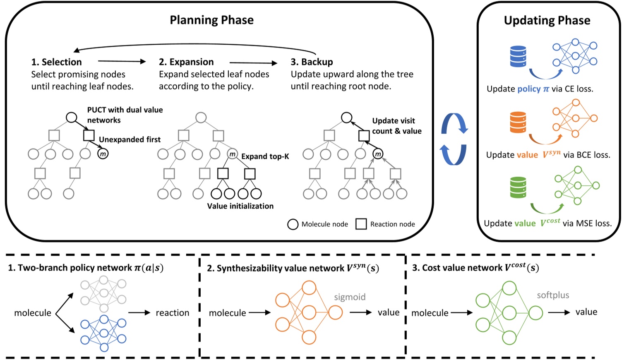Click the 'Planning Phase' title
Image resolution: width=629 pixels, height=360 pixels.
(211, 20)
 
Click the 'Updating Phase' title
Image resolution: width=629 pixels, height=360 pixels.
(547, 20)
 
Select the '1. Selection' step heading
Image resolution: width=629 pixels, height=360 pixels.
(57, 62)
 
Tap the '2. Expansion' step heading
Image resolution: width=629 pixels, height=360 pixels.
(186, 62)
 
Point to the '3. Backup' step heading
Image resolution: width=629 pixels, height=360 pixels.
(312, 62)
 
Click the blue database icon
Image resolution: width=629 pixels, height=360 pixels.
(518, 57)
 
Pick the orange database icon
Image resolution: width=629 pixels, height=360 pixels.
(518, 122)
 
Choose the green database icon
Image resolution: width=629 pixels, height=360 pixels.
(518, 187)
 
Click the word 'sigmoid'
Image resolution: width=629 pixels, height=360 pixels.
(350, 297)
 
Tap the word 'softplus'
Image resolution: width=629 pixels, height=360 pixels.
(553, 295)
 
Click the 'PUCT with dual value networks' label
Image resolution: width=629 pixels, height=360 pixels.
(125, 115)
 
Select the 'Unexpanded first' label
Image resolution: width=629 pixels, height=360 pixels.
(130, 140)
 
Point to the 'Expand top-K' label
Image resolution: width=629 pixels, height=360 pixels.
(265, 156)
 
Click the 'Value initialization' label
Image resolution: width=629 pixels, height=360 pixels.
(240, 206)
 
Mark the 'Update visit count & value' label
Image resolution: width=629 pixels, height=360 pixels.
(396, 126)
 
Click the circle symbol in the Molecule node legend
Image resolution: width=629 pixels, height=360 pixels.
(293, 224)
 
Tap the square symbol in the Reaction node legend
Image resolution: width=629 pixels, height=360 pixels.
(361, 224)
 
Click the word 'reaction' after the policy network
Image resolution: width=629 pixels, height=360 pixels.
(172, 313)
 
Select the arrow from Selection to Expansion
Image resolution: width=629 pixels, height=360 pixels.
(122, 62)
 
